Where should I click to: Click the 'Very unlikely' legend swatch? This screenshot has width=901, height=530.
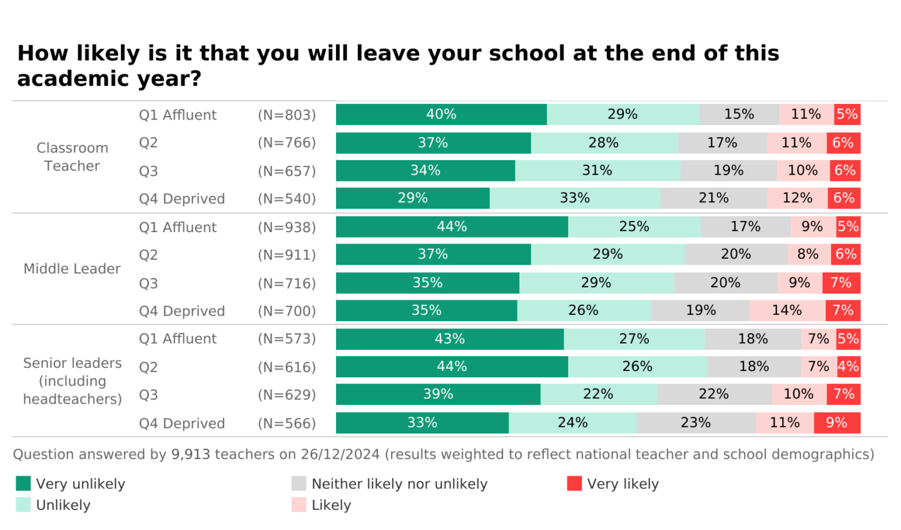click(23, 484)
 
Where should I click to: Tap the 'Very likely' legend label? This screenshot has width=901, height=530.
click(623, 484)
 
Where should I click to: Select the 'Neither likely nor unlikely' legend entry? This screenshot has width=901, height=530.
click(399, 484)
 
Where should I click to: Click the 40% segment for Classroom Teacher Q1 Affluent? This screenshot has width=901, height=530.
click(441, 115)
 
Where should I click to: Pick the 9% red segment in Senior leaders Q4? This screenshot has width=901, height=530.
click(837, 423)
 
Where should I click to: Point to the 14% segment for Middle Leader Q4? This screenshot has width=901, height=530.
click(786, 310)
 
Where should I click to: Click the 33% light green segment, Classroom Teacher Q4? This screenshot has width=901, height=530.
click(574, 198)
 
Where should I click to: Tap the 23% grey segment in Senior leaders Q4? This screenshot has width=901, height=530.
click(696, 423)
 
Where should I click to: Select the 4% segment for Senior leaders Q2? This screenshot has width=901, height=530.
click(848, 367)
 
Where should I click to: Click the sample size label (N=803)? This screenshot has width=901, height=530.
click(287, 115)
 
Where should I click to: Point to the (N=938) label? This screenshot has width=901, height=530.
click(287, 227)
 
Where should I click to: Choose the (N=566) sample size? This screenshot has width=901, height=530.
click(287, 424)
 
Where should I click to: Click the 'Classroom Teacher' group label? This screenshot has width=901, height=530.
click(72, 157)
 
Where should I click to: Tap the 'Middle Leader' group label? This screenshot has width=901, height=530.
click(72, 269)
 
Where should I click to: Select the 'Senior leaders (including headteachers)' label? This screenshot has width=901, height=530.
click(72, 381)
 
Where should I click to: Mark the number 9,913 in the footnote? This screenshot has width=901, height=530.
click(190, 454)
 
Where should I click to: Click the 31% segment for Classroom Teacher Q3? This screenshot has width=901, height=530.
click(597, 171)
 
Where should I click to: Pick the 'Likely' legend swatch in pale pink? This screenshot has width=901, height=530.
click(299, 505)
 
